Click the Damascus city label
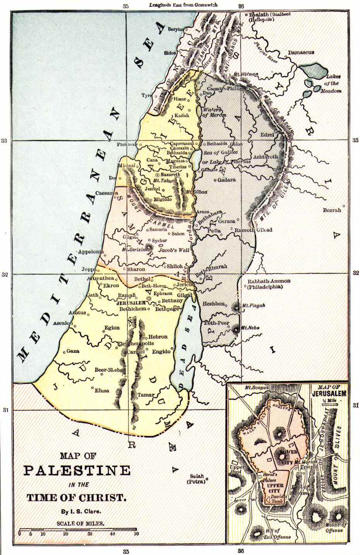(301, 52)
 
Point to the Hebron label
(158, 337)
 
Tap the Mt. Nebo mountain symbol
(237, 329)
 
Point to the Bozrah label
(332, 210)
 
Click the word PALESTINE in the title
(77, 470)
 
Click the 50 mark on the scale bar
(136, 534)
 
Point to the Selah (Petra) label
(197, 479)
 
